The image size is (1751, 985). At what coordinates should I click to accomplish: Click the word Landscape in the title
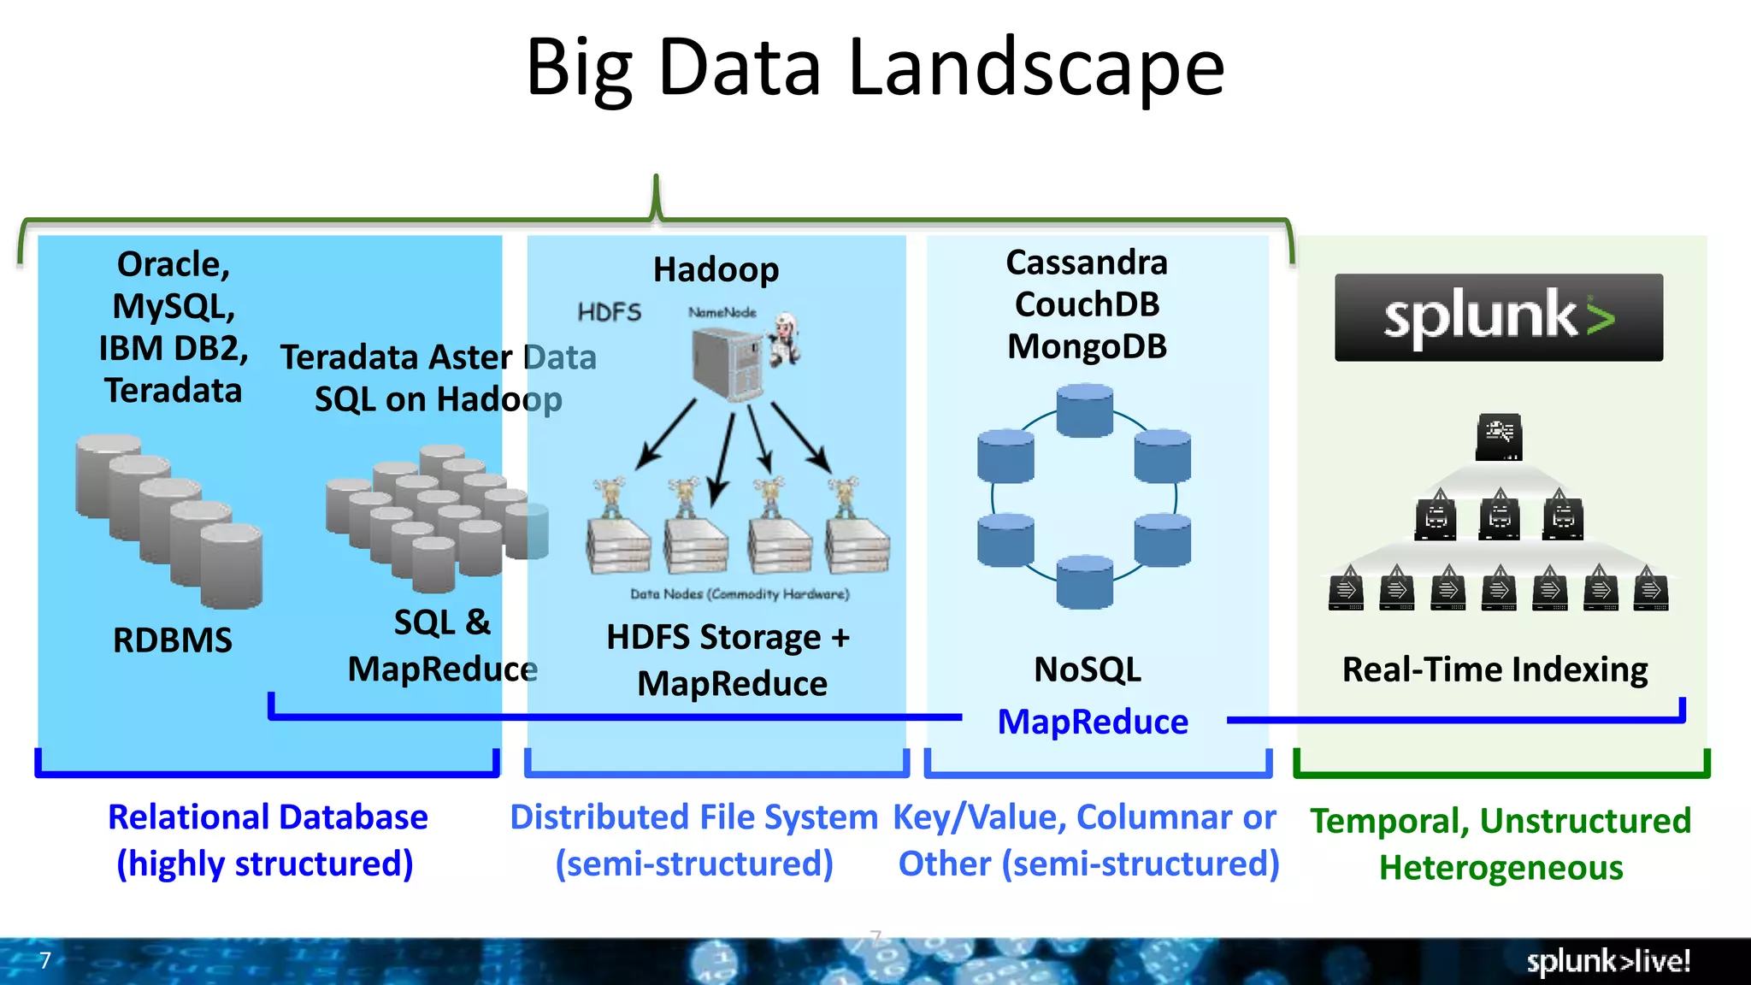pos(1036,68)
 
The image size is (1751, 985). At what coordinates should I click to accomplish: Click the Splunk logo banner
pos(1498,317)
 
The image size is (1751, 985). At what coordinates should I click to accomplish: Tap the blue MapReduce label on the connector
pos(1093,722)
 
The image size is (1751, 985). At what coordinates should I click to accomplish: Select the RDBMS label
pos(172,640)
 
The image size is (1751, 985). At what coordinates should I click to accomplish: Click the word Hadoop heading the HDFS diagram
pos(716,269)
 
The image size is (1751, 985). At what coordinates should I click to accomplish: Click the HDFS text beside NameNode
pos(609,312)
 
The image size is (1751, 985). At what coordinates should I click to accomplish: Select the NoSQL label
pos(1087,669)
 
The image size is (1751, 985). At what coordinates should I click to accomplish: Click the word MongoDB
pos(1087,346)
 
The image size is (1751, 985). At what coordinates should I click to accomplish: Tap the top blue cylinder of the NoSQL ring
pos(1084,410)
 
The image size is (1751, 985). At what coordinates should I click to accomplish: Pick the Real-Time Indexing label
pos(1495,669)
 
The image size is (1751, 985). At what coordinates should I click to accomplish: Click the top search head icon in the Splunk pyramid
pos(1498,437)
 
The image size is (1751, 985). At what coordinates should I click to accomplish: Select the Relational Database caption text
pos(268,817)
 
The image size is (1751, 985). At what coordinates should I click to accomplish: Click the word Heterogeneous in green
pos(1500,868)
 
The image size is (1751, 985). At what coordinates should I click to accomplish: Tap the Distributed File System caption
pos(693,817)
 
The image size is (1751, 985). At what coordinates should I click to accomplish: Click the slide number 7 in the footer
pos(45,960)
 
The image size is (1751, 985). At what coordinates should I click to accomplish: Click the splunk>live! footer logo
pos(1607,961)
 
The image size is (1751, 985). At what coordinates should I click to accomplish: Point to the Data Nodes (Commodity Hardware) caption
pos(740,593)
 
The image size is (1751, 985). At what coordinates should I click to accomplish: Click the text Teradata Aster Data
pos(438,357)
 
